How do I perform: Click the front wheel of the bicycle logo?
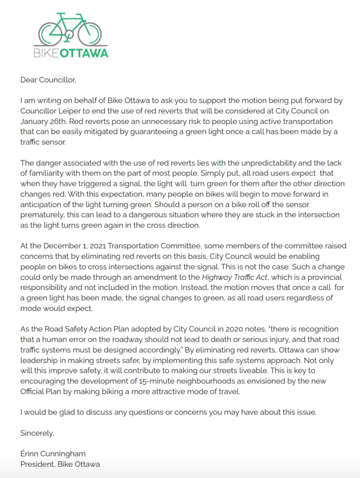tap(90, 33)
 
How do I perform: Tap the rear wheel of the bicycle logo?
tap(50, 33)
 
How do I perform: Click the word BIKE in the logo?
tap(46, 52)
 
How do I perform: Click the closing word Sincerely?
tap(37, 433)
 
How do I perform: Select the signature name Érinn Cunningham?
tap(53, 454)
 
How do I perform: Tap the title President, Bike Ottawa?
tap(60, 464)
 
